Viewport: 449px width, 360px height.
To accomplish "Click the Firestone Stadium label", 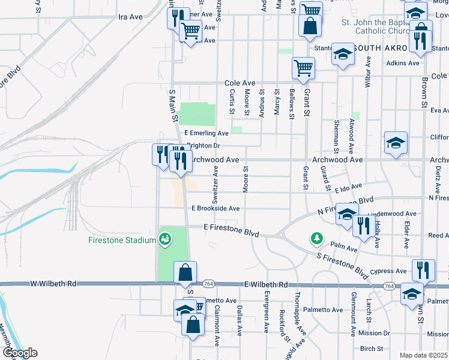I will [x=123, y=241].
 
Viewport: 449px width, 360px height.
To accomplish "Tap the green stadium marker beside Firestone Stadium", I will [x=164, y=240].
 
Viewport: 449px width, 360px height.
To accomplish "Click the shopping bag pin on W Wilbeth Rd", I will [x=185, y=273].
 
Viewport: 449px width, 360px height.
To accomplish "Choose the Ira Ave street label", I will [x=130, y=17].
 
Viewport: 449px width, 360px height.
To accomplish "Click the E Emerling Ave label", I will [x=206, y=133].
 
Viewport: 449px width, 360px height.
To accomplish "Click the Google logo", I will [x=19, y=353].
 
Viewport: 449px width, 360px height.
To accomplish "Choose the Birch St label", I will [x=372, y=349].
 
